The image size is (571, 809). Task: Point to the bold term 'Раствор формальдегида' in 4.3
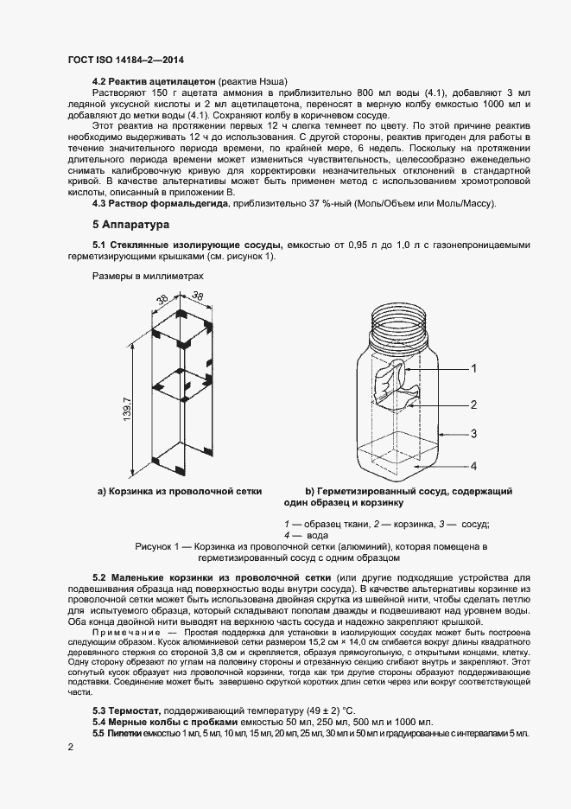coord(171,203)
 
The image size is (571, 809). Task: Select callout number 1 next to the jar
coord(473,368)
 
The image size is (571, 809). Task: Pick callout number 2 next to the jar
coord(473,404)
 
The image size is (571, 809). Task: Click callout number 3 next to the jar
coord(473,434)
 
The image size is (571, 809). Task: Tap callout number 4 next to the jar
coord(473,466)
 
